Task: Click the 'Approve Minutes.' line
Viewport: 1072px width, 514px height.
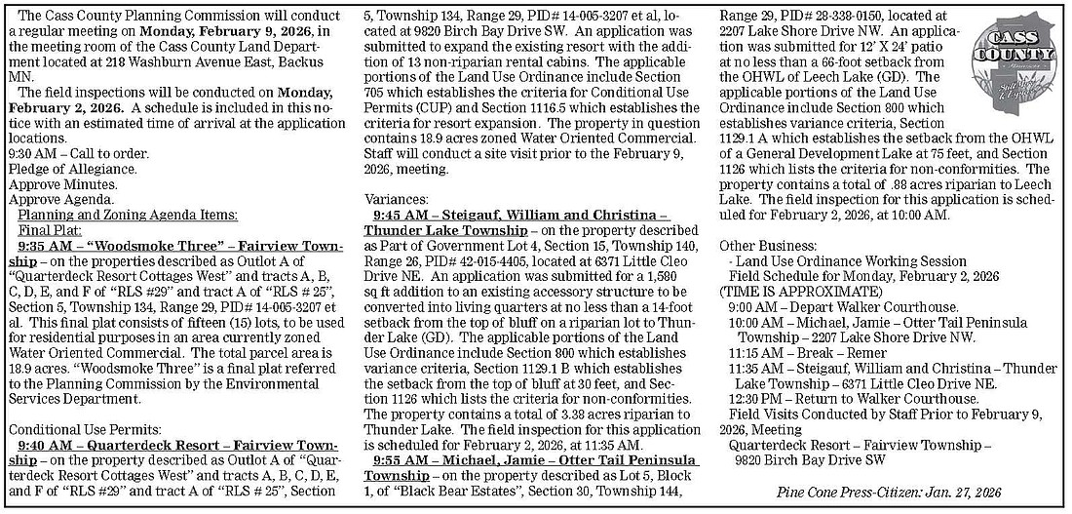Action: point(55,183)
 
